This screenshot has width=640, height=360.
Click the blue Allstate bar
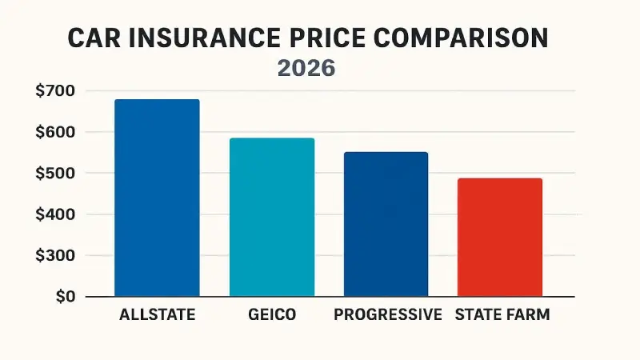coord(157,198)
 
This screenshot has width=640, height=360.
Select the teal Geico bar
coord(272,217)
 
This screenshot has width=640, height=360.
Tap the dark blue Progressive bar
coord(386,224)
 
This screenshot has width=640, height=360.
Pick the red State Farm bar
coord(500,237)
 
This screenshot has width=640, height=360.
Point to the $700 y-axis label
coord(55,91)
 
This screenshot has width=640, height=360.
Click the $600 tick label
coord(55,132)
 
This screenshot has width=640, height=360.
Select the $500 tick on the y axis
coord(55,174)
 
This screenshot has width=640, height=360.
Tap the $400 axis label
coord(55,214)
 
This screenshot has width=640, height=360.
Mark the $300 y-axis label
coord(55,256)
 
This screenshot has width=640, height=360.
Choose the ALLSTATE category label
coord(157,315)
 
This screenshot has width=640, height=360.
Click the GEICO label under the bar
coord(272,315)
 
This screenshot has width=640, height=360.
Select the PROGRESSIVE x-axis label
coord(388,315)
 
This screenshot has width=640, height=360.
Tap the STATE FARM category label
coord(502,315)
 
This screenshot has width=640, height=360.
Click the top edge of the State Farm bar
coord(500,179)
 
